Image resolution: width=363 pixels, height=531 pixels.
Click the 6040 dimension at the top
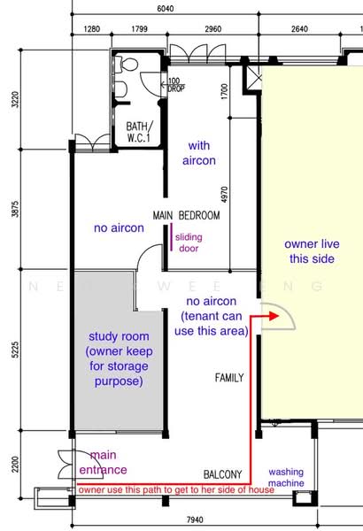[x=166, y=9]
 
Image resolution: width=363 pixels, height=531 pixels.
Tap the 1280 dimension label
[x=92, y=29]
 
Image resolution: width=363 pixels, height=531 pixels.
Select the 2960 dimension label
[x=213, y=29]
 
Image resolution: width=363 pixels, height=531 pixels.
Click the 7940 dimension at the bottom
[x=196, y=519]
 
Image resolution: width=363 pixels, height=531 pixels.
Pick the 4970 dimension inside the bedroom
[x=224, y=195]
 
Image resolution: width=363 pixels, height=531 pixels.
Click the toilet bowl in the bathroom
[x=126, y=65]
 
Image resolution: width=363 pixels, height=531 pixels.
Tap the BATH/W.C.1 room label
[x=139, y=132]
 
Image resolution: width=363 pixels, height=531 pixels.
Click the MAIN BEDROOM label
[x=186, y=215]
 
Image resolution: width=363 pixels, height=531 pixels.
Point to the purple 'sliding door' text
[x=189, y=242]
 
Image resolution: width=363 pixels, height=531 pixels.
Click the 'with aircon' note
[x=199, y=153]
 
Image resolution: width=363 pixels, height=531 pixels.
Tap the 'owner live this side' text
[x=312, y=251]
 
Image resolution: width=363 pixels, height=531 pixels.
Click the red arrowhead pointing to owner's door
[x=274, y=316]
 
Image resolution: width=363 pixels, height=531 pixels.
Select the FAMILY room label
[x=229, y=378]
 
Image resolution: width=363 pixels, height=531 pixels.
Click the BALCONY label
[x=223, y=474]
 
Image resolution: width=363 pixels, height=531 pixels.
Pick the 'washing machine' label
[x=286, y=477]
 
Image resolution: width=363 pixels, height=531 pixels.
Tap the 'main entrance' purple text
[x=103, y=462]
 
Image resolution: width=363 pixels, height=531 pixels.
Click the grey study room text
[x=119, y=358]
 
